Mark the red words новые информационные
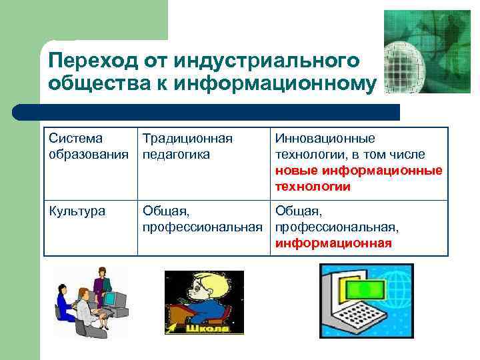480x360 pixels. click(358, 171)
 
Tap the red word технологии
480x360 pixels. click(312, 187)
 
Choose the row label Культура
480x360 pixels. click(75, 211)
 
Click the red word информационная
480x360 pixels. click(333, 243)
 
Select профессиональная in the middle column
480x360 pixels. click(202, 227)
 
